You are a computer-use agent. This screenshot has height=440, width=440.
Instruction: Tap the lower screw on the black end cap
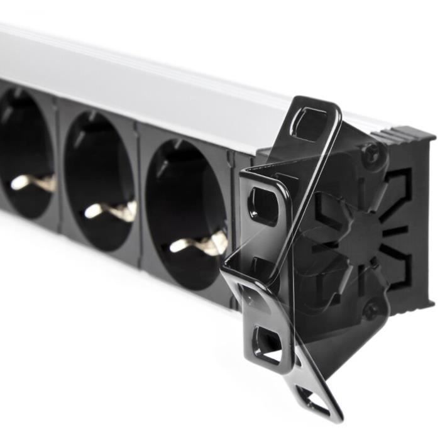coord(372,309)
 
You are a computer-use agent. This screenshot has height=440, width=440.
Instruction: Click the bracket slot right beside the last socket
coord(263,205)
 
